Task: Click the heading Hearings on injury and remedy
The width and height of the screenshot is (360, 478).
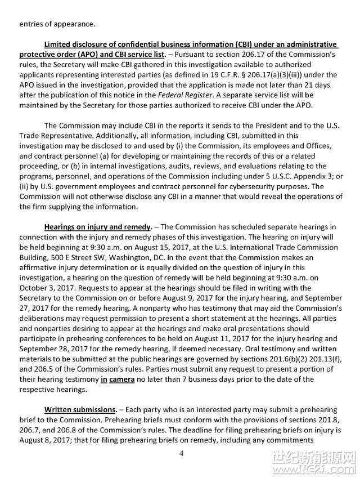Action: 98,227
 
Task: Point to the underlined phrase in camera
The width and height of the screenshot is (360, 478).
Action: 118,379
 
